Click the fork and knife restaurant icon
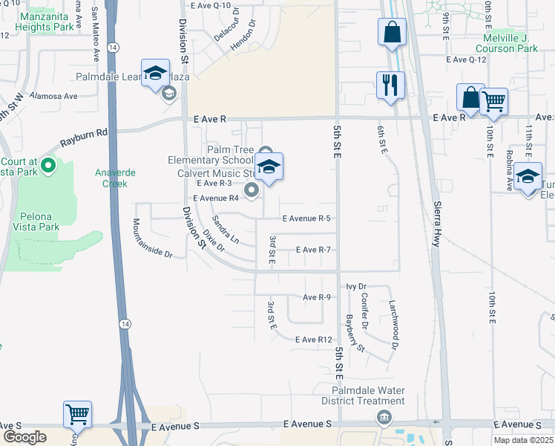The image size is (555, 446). point(390,84)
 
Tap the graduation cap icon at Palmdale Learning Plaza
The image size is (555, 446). point(155,74)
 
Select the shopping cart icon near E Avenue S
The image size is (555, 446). point(77,413)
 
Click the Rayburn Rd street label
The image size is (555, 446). point(85,139)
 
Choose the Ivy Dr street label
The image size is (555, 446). point(356,286)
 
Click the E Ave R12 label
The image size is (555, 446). point(312,340)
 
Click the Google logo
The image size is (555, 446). point(24,436)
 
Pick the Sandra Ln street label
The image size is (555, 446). point(225,230)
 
